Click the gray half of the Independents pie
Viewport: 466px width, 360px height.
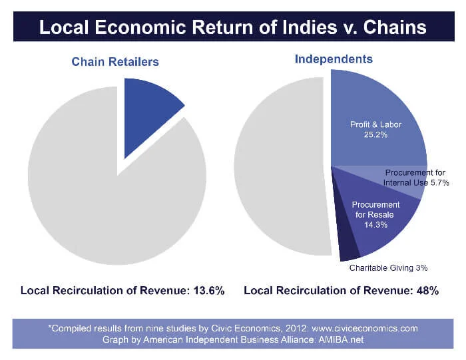(280, 166)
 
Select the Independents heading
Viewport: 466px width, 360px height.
(334, 59)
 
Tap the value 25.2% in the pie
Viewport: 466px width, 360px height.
(375, 134)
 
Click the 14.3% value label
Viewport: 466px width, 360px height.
(375, 225)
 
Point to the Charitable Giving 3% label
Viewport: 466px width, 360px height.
(388, 268)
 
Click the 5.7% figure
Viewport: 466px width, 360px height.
(439, 182)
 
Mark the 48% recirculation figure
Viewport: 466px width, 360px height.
(426, 291)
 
